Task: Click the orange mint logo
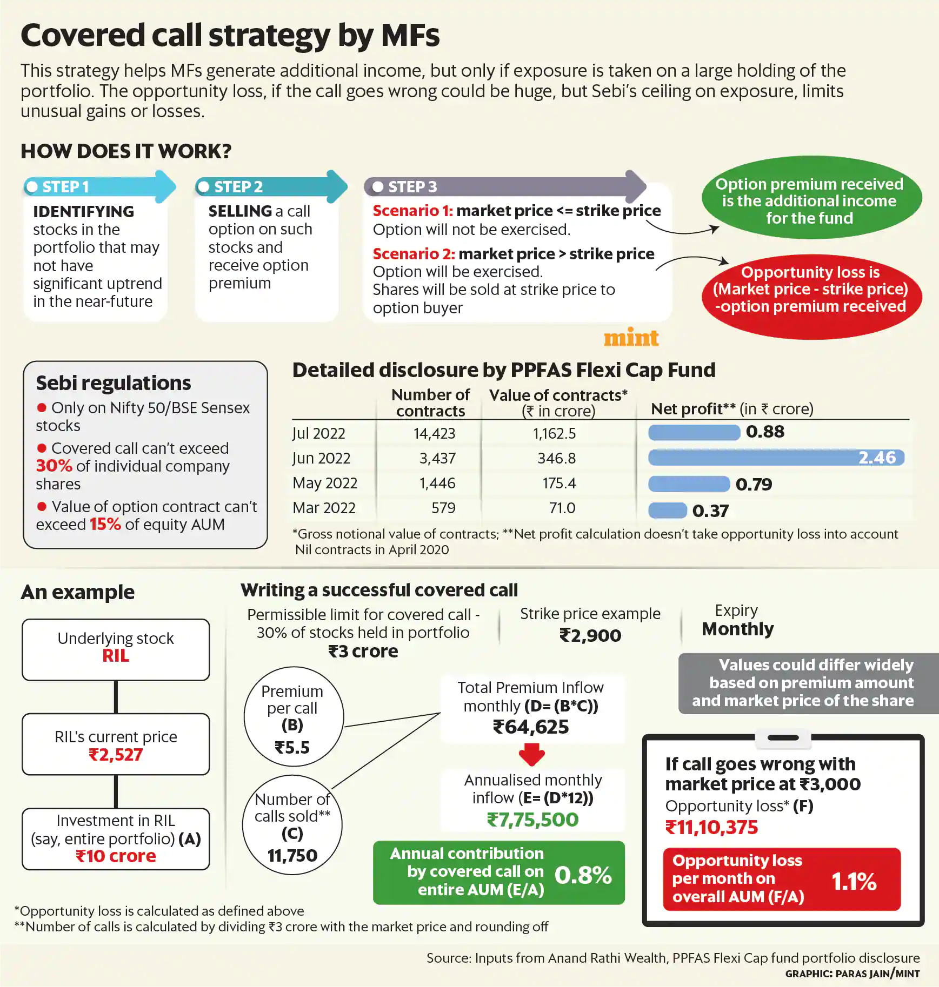click(631, 338)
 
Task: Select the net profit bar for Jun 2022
click(776, 458)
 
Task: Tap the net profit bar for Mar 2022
click(668, 511)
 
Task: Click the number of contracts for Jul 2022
click(434, 433)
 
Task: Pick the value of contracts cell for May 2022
click(559, 483)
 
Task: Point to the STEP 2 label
click(238, 187)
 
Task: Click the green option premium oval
click(811, 198)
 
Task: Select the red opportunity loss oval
click(811, 297)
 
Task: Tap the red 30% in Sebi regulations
click(54, 466)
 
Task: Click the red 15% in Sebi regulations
click(105, 524)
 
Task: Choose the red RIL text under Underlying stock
click(116, 656)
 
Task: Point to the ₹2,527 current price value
click(116, 755)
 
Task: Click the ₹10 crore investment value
click(116, 856)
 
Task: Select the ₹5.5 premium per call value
click(292, 748)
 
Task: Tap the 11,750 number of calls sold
click(292, 856)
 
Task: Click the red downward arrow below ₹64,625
click(532, 755)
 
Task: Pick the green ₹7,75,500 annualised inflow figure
click(532, 820)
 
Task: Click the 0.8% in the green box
click(583, 875)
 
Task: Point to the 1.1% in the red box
click(854, 882)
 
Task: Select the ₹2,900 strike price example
click(590, 635)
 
